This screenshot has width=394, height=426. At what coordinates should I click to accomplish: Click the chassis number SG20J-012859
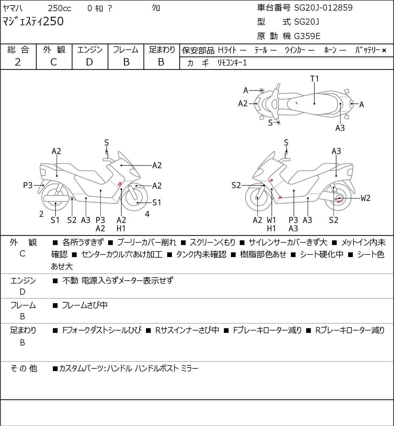pos(323,8)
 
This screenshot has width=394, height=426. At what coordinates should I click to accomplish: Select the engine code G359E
pos(307,36)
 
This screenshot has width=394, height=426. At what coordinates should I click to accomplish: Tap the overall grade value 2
pos(18,62)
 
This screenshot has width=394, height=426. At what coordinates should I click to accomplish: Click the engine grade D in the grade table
pos(89,62)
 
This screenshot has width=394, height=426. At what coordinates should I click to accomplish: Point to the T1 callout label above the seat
pos(315,79)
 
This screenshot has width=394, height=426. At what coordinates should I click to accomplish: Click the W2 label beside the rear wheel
pos(366,198)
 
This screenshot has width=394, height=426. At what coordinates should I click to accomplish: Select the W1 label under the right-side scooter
pos(271,220)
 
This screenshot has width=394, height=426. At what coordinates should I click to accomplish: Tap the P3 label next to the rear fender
pos(28,185)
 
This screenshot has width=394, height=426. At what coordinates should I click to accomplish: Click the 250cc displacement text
pos(59,8)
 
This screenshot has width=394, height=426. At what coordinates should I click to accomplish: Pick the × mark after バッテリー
pos(384,51)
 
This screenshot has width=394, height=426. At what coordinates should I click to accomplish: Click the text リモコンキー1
pos(232,63)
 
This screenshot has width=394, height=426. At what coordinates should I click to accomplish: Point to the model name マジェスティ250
pos(33,21)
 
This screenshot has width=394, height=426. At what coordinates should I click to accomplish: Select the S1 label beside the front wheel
pos(157,202)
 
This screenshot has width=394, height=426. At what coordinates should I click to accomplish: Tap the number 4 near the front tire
pos(147,214)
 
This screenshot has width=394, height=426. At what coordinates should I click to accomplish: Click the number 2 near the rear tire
pos(41,214)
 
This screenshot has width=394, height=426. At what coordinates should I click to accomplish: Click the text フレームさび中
pos(85,305)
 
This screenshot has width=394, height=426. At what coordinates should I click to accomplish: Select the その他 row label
pos(24,368)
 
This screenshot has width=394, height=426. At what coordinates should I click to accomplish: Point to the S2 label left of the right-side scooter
pos(236,185)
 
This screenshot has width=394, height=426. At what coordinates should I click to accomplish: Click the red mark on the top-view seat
pos(296,103)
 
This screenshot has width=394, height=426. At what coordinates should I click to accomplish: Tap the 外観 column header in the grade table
pos(54,50)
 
